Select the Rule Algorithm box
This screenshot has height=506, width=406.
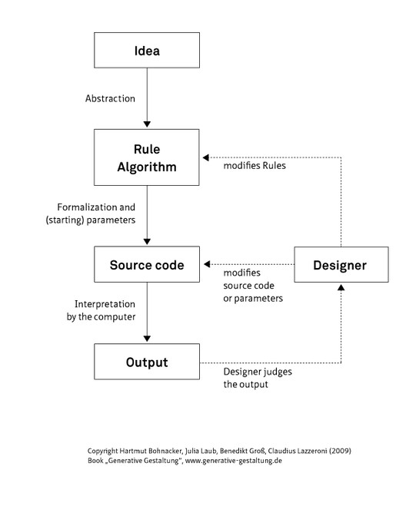click(146, 156)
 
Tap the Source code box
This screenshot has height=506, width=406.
click(146, 265)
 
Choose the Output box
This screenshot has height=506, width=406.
click(146, 362)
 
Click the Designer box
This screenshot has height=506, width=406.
click(340, 265)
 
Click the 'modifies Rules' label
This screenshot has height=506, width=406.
click(255, 165)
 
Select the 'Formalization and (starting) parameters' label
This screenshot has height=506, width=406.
click(95, 213)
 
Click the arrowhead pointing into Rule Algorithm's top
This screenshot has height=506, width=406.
click(146, 124)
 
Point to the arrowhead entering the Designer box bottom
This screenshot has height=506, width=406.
click(340, 286)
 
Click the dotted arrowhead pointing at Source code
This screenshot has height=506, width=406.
click(205, 265)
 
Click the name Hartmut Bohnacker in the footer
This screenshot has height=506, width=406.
click(151, 450)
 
